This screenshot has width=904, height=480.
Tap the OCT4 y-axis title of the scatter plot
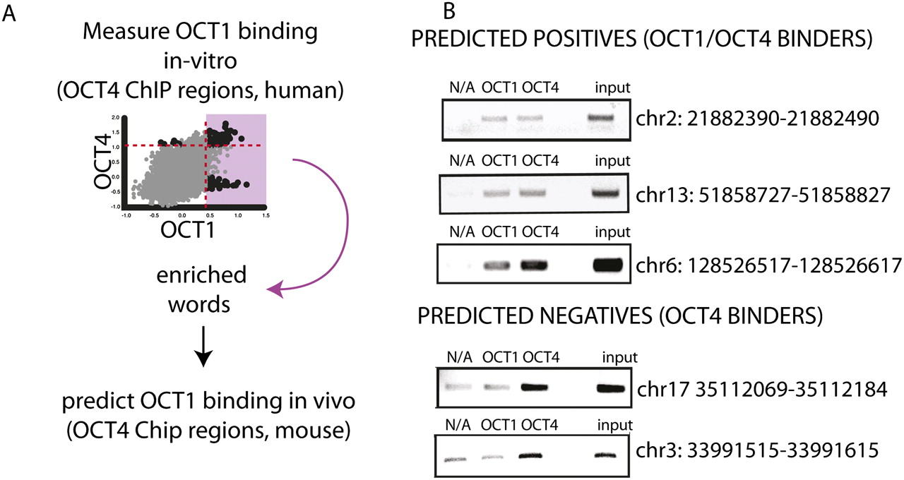[102, 161]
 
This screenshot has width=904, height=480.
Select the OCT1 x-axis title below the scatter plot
[188, 230]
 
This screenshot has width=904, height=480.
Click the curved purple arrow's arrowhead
[275, 289]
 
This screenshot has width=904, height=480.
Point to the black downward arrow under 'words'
[203, 347]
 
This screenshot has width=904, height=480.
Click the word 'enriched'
[201, 275]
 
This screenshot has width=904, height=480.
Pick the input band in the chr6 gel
[607, 265]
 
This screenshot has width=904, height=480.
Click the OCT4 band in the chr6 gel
[534, 265]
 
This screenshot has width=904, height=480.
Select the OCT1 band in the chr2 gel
[495, 119]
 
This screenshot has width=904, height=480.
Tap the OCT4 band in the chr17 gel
[535, 388]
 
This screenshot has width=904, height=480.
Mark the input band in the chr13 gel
[605, 193]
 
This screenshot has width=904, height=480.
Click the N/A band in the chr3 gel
[456, 459]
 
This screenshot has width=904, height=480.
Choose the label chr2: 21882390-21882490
[757, 119]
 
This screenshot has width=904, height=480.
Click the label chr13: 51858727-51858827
[763, 195]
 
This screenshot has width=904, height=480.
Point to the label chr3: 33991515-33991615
[757, 450]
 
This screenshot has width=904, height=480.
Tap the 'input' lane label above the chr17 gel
[619, 357]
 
